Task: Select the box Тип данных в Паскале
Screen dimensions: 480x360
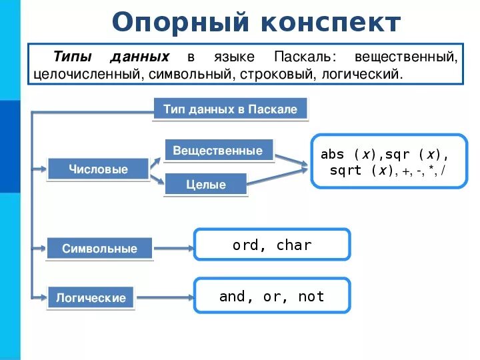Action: tap(230, 109)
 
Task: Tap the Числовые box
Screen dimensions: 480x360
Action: tap(98, 169)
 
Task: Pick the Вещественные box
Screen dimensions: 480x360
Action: tap(217, 151)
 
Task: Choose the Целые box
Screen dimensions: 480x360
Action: tap(206, 185)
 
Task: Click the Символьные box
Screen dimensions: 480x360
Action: tap(99, 249)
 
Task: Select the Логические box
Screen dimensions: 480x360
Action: tap(91, 297)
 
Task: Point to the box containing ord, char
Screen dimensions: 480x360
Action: tap(272, 245)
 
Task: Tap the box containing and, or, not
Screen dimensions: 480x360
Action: tap(272, 297)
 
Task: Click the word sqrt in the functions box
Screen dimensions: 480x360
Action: tap(345, 171)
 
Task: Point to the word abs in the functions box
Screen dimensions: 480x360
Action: tap(332, 154)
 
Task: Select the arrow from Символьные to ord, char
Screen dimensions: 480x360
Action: tap(173, 248)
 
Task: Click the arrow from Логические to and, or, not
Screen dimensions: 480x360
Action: tap(164, 297)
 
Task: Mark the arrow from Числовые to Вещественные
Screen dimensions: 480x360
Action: tap(156, 160)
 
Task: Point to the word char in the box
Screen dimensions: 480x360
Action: tap(294, 245)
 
